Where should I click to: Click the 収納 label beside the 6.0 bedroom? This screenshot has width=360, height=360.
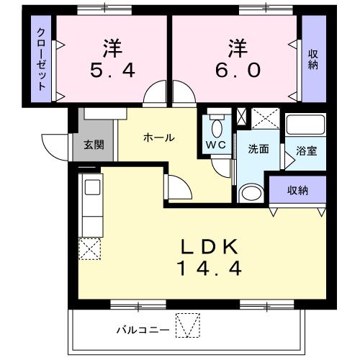pos(314,60)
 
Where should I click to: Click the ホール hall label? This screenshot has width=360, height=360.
pos(158,138)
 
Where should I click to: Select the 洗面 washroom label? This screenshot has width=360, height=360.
pos(258,149)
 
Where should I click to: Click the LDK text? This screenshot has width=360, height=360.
pos(209,246)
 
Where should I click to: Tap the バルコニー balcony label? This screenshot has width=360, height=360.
pos(143,330)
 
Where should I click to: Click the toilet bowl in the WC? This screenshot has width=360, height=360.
pos(217,127)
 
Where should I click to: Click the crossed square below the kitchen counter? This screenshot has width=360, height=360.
pos(91,249)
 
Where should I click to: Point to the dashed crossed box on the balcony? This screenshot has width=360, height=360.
pos(186,326)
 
